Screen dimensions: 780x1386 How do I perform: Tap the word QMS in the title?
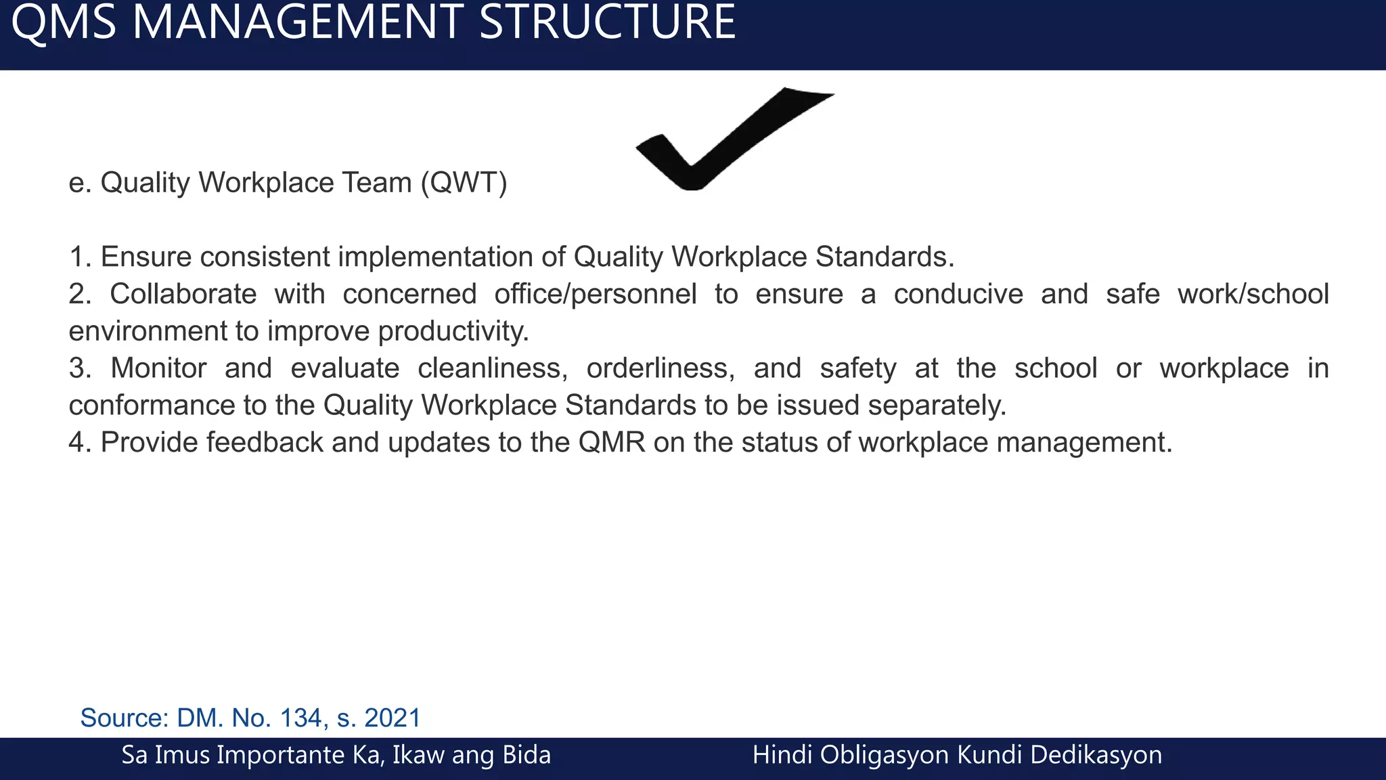[64, 23]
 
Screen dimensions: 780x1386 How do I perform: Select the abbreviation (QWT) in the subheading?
[464, 183]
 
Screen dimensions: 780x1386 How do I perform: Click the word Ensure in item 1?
[146, 257]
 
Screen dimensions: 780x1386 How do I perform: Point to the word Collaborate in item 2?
[183, 295]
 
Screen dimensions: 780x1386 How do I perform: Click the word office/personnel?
[595, 295]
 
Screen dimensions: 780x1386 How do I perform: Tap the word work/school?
[1253, 295]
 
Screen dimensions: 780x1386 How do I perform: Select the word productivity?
[453, 332]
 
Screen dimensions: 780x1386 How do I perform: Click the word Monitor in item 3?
[158, 368]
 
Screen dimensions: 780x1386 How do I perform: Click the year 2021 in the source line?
[393, 718]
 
